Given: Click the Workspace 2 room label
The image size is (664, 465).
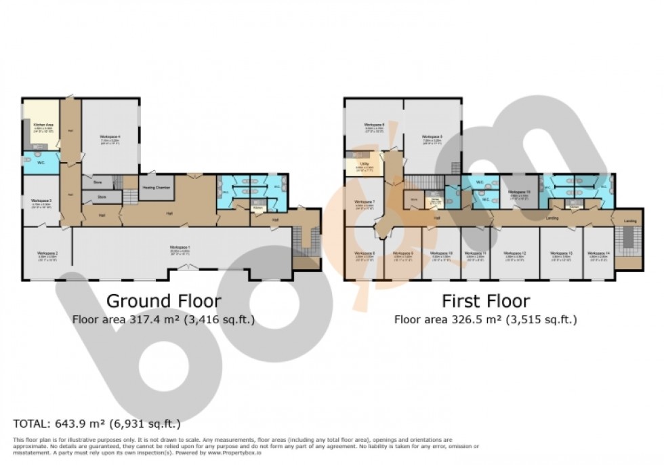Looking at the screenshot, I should click(x=47, y=254).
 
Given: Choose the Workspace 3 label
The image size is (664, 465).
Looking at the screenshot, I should click(x=41, y=201).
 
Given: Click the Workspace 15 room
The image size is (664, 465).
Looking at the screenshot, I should click(x=518, y=193).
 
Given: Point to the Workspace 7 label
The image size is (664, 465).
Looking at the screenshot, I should click(x=365, y=202).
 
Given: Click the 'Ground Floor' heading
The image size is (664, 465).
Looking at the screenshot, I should click(x=163, y=300).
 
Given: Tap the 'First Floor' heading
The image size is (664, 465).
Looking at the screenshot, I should click(x=486, y=300).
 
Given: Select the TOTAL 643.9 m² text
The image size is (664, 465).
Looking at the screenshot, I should click(x=97, y=424).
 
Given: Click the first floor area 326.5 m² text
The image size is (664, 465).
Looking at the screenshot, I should click(x=486, y=319).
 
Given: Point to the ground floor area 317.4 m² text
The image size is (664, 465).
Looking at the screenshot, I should click(x=163, y=319).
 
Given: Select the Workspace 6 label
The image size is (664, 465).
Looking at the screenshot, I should click(x=374, y=125).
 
